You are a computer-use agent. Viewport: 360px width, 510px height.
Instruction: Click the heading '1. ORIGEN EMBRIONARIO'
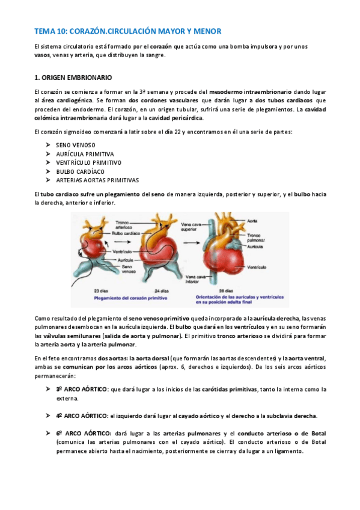coord(73,77)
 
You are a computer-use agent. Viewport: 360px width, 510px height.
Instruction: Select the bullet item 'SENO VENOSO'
coord(75,145)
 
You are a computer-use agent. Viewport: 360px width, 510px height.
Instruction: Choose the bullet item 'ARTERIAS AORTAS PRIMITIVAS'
coord(97,179)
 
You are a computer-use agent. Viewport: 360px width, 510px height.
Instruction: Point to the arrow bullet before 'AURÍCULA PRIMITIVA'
coord(47,154)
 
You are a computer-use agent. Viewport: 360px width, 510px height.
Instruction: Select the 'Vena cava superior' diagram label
coord(191,226)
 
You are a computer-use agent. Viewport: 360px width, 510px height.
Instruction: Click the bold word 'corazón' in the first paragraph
coord(162,46)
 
